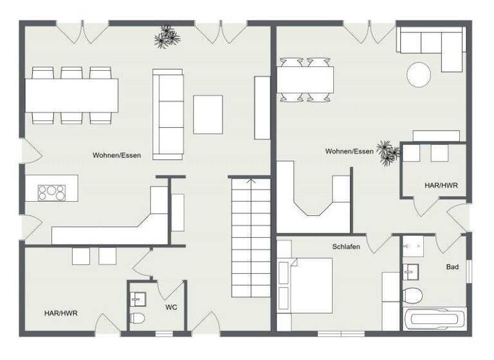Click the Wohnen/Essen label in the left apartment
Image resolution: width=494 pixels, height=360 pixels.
coord(116,155)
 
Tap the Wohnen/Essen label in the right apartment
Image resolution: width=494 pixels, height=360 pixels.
coord(349,152)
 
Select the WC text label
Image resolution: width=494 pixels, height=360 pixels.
coord(170,307)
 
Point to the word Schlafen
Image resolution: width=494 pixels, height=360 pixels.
coord(346,247)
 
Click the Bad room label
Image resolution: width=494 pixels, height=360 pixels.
coord(452,266)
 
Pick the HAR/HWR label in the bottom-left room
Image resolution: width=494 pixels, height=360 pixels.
coord(61,313)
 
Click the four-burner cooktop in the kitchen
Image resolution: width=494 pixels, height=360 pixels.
coord(51,192)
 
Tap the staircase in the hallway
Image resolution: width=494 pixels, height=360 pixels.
coord(250,238)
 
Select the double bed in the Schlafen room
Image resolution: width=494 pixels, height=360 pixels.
coord(305,285)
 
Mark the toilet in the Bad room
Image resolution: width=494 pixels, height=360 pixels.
coord(412,295)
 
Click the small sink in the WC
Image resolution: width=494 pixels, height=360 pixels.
coord(137,299)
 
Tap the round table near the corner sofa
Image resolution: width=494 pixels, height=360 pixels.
coord(419,74)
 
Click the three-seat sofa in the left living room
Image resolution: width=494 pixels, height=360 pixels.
coord(167,113)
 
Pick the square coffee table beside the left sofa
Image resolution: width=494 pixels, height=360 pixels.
coord(208,114)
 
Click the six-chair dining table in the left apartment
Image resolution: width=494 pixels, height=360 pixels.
coord(71,95)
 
